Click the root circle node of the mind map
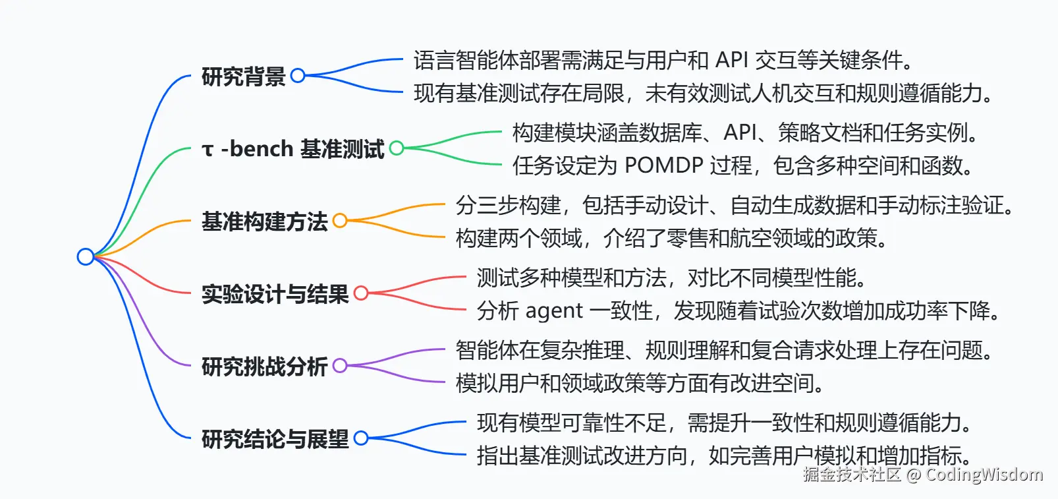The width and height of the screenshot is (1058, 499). point(86,256)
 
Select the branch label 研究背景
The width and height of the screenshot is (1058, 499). point(243,76)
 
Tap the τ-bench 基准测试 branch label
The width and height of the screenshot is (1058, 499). point(293,149)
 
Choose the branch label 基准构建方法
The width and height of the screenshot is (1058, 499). point(264,221)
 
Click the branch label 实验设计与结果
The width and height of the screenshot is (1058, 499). point(275,294)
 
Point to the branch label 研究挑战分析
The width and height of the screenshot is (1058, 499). point(264,367)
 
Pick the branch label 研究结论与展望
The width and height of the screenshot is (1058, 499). point(275,439)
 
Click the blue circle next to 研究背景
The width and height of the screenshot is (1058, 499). point(298,76)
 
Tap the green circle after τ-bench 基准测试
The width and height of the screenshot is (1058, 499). point(397,148)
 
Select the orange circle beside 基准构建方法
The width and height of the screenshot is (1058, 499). point(340,221)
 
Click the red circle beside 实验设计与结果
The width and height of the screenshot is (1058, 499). point(361,293)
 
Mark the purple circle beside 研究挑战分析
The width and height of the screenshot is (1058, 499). point(340,366)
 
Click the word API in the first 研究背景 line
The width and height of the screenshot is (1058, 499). point(731,60)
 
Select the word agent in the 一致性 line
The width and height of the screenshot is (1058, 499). point(554,310)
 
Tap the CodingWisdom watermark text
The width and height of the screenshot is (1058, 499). point(984,475)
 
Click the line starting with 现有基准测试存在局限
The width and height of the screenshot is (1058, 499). point(704,93)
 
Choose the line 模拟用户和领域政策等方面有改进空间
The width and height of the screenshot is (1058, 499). point(640,383)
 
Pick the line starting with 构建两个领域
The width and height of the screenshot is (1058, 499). point(672,238)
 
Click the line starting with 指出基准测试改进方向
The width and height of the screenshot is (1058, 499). point(725,455)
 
